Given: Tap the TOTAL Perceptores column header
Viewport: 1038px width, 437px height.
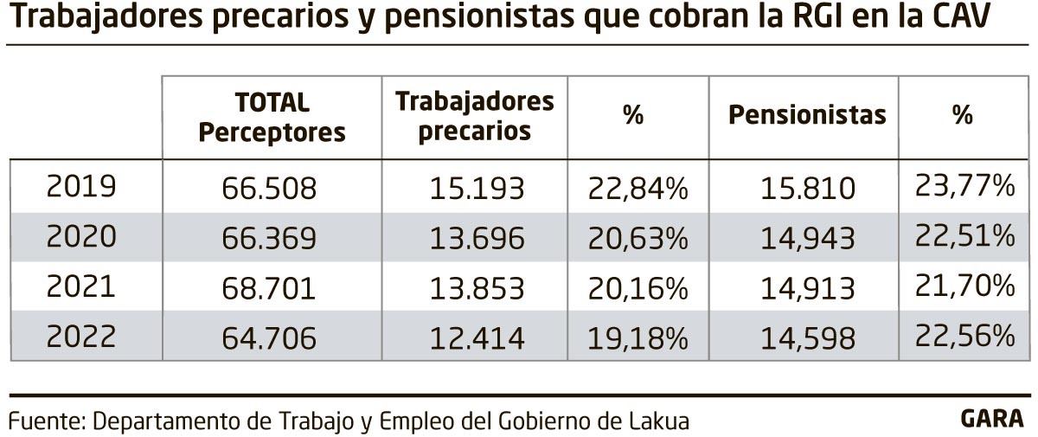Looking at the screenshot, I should coord(272,117).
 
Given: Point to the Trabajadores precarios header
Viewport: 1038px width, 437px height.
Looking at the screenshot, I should coord(474,115).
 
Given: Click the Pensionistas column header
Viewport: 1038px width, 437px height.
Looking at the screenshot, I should coord(807,115).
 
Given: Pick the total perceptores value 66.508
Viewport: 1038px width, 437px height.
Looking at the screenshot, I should coord(272,187).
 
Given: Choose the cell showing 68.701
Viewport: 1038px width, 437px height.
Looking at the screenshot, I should coord(272,286).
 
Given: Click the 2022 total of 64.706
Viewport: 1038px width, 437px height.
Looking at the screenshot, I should coord(272,337).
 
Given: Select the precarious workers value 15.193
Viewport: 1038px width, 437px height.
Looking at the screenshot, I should coord(474,187).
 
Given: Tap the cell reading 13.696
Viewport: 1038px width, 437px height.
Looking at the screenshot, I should coord(474,237).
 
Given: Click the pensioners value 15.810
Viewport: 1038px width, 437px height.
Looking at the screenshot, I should coord(807,187).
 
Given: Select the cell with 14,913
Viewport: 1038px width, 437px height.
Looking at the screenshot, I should coord(807,286).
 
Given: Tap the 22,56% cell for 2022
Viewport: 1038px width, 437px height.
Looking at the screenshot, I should coord(964,335).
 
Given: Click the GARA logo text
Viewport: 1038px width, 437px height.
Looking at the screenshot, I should coord(991,419).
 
